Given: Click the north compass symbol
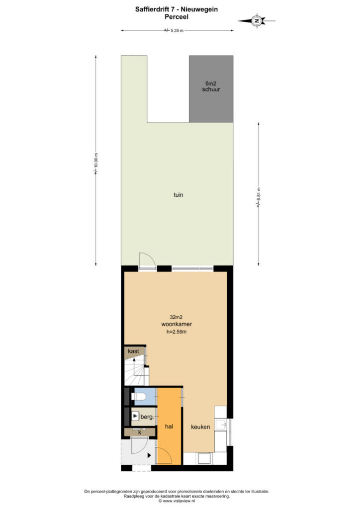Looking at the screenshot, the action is (257, 21).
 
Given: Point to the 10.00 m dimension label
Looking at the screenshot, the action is (96, 164).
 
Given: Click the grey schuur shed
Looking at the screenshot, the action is (211, 89).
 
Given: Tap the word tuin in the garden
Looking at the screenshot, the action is (178, 195).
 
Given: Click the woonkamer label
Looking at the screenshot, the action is (177, 324).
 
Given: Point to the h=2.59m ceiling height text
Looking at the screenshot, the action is (177, 332).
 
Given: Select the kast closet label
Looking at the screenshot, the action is (133, 351).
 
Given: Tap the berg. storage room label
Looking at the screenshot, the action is (147, 417).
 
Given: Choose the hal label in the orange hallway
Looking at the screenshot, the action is (169, 426).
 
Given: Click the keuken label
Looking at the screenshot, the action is (200, 427).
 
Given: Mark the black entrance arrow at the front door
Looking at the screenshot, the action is (149, 455).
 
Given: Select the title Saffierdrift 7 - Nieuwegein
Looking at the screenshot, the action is (177, 9).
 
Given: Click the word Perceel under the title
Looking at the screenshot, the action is (177, 17).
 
